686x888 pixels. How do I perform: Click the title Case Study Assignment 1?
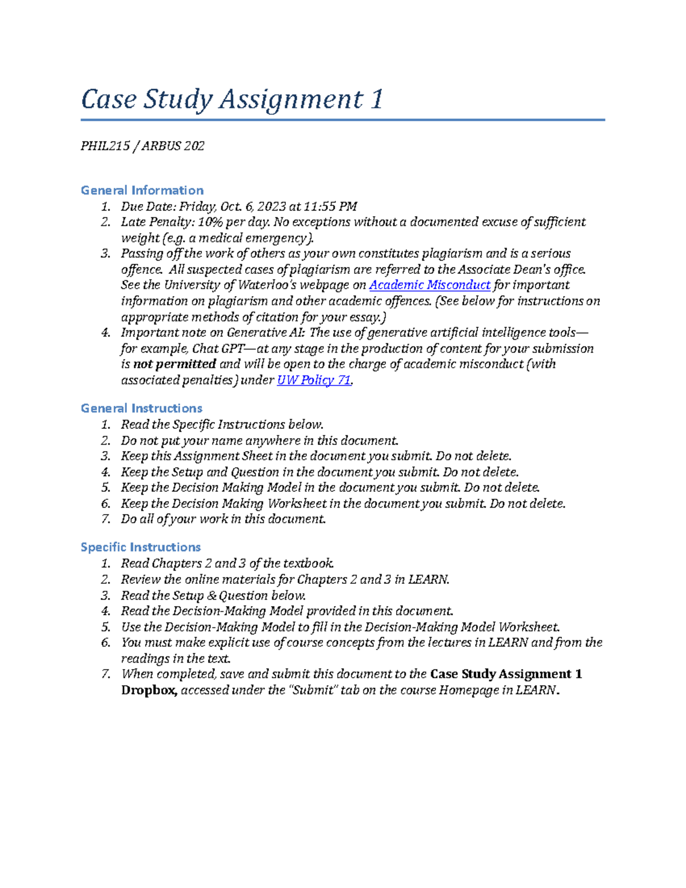tap(232, 99)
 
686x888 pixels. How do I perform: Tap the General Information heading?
tap(142, 190)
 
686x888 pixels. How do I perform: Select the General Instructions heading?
tap(141, 408)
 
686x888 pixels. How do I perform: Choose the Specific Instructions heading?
tap(140, 547)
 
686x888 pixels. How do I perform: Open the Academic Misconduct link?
tap(429, 285)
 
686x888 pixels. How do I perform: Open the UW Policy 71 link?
tap(314, 380)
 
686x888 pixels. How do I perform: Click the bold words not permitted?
tap(174, 364)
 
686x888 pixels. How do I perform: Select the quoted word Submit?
tap(314, 690)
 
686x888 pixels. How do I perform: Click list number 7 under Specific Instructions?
tap(105, 674)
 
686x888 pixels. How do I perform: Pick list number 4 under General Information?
tap(105, 333)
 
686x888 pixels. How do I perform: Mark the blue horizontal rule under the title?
tap(342, 120)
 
